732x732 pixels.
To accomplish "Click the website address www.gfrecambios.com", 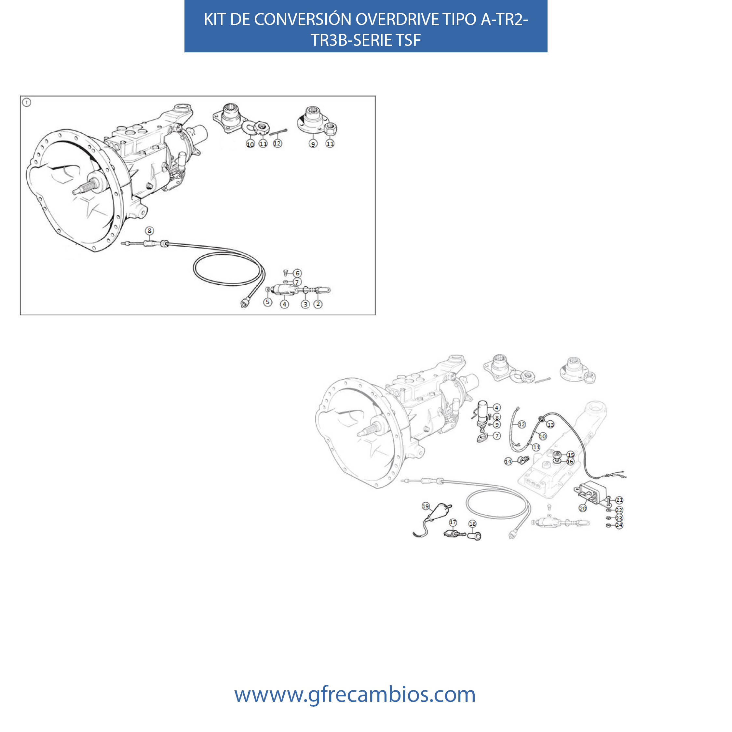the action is (x=355, y=694).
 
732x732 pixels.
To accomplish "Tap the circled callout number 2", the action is (x=318, y=304).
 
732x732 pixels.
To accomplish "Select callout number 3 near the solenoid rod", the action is (x=305, y=304).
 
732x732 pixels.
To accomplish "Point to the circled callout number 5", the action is (x=267, y=302).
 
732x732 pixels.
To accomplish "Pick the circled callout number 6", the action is (x=297, y=273).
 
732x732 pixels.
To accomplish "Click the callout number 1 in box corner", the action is (x=27, y=102).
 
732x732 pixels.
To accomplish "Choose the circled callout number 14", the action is (x=508, y=461).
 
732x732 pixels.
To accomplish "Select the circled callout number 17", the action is (x=453, y=522).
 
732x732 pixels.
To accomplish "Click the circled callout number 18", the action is (x=472, y=523).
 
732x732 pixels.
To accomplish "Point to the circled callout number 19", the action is (x=426, y=506).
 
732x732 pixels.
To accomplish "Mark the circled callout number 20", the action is (x=583, y=508).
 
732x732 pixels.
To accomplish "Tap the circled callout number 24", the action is (x=619, y=525).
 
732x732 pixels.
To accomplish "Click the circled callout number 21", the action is (x=619, y=500).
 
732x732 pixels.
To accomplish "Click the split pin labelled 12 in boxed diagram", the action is (x=278, y=132).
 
